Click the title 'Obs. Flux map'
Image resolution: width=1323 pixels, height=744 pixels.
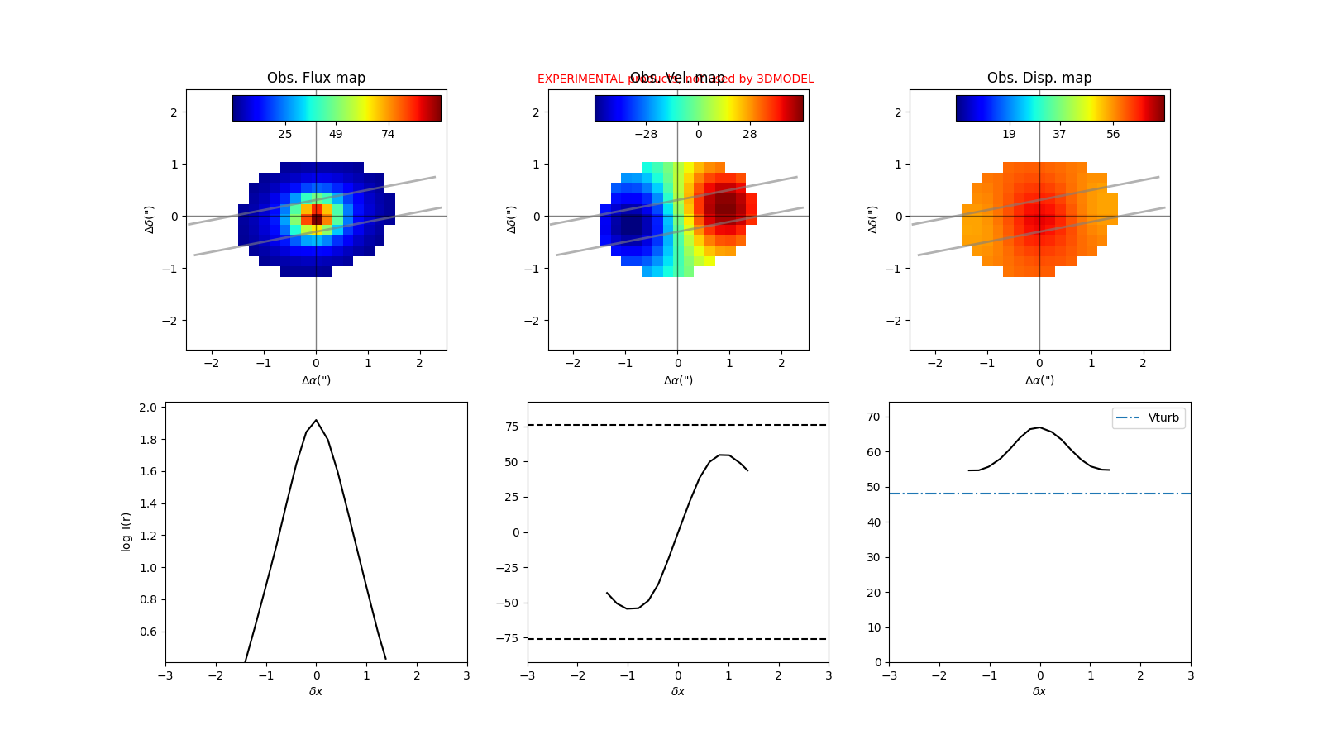click(x=316, y=78)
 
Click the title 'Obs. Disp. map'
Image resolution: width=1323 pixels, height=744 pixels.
click(x=1039, y=78)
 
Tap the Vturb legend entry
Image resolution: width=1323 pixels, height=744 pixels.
click(x=1149, y=418)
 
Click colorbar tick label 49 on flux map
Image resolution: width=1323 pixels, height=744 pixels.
click(x=336, y=134)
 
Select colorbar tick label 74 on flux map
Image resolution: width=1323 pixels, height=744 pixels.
click(x=388, y=134)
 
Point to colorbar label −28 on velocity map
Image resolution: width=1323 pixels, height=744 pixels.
click(x=646, y=134)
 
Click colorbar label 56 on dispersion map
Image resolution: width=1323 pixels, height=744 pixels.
click(x=1113, y=134)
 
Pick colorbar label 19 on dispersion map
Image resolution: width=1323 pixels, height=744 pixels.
click(x=1009, y=134)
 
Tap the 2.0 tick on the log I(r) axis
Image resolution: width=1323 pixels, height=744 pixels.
click(x=148, y=408)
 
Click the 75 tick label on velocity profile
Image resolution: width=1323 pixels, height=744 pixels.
click(x=512, y=427)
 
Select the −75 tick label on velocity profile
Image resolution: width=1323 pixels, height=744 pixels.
click(x=509, y=638)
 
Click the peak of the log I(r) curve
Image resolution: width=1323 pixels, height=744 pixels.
click(x=316, y=420)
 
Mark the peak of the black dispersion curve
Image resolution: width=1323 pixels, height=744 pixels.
click(x=1039, y=427)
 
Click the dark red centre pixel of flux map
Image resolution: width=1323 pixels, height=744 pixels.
click(x=316, y=219)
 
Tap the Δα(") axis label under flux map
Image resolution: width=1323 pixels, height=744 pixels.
click(x=316, y=380)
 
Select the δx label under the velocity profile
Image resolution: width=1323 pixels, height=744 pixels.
click(x=678, y=691)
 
